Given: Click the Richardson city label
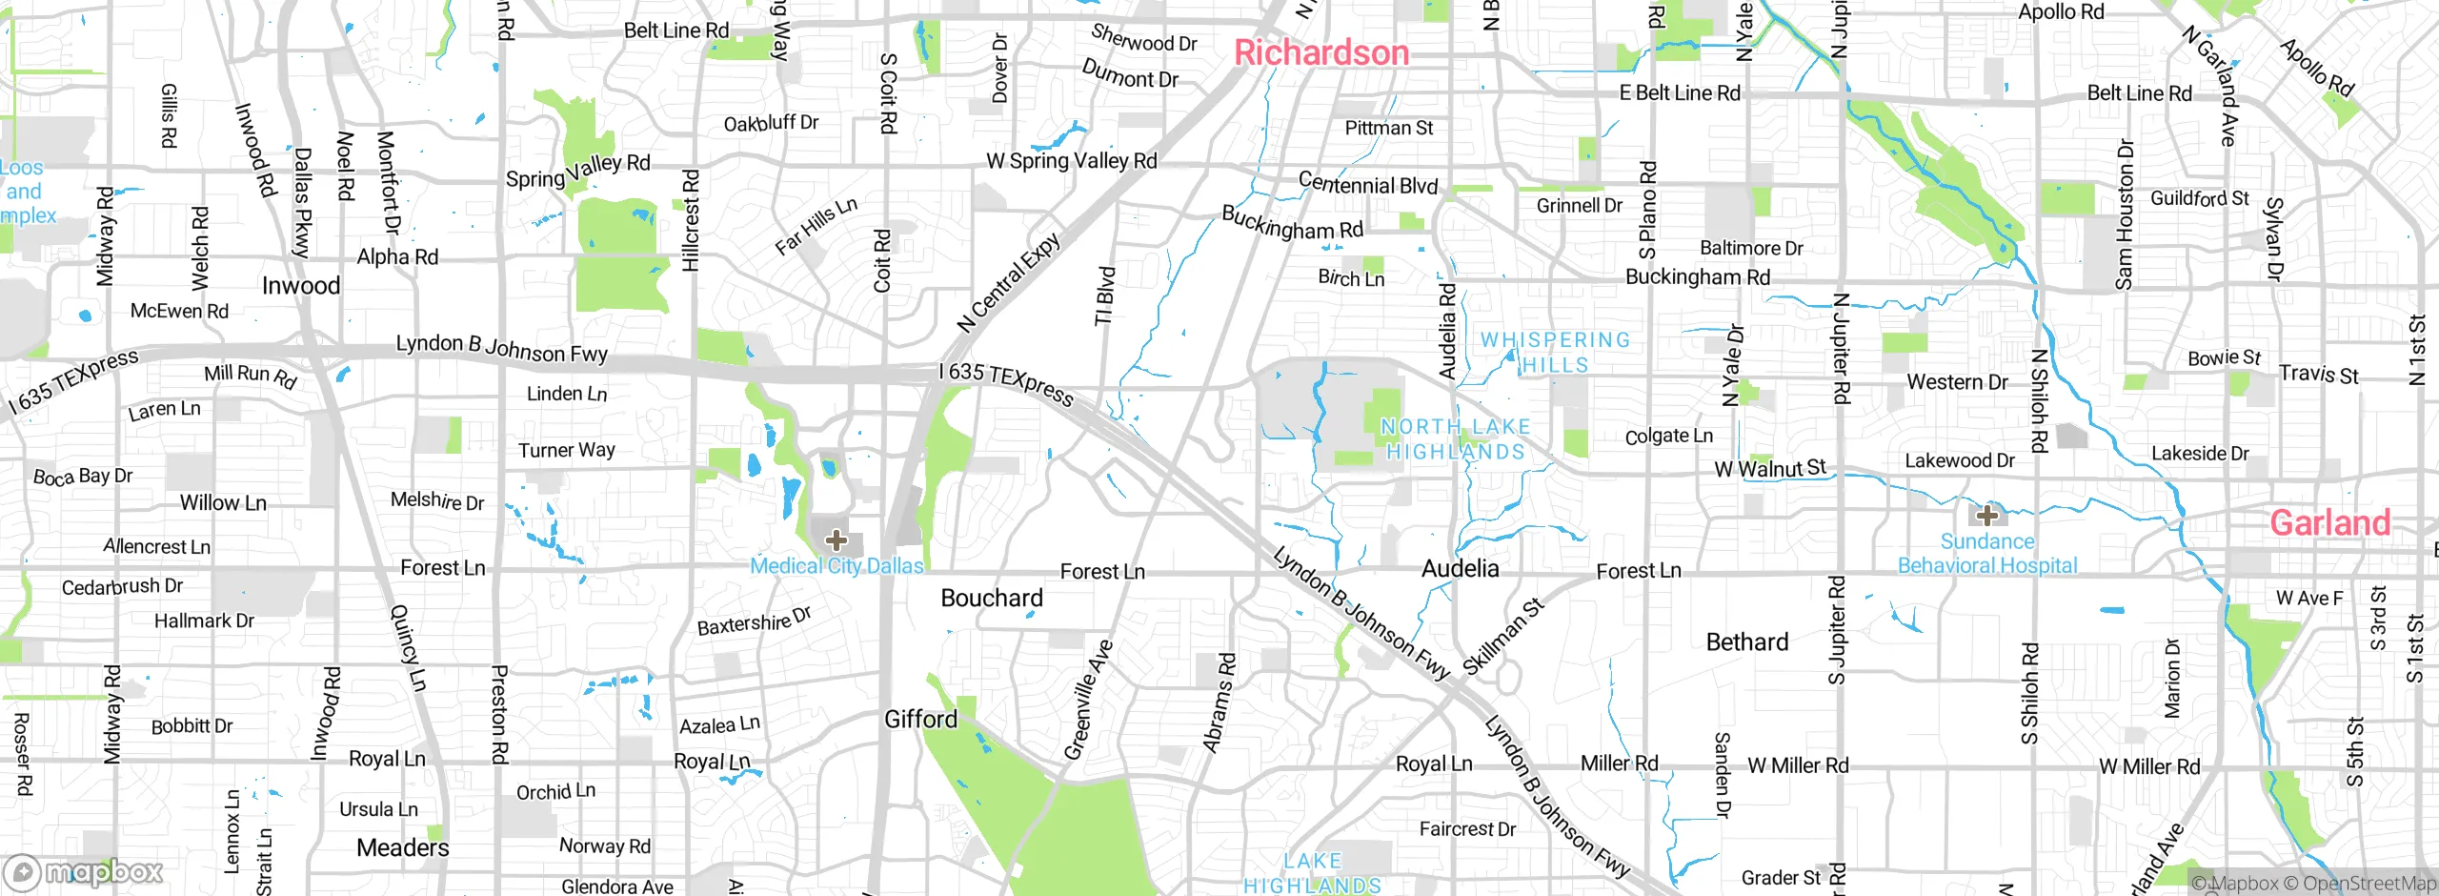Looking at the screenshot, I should coord(1321,52).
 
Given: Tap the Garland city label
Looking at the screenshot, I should coord(2329,522).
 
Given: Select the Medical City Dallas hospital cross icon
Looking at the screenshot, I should coord(836,540).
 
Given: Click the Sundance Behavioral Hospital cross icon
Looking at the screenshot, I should coord(1986,516).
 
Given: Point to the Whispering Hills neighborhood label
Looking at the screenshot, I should coord(1555,352).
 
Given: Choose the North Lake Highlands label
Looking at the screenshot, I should coord(1455,438).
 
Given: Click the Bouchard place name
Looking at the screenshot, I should coord(991,598).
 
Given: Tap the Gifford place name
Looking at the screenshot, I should coord(920,719).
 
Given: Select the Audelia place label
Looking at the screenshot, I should coord(1460,569).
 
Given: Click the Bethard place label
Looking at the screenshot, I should coord(1746,641).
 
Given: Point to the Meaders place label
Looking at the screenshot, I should coord(402,847).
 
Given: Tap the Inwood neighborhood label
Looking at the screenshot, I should coord(300,286).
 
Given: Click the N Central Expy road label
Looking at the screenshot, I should coord(1008,283).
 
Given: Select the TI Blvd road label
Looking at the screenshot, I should coord(1105,295).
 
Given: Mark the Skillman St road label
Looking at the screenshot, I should coord(1502,636).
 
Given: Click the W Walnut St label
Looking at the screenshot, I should coord(1769,468).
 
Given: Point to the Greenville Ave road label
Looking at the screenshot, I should coord(1087,701).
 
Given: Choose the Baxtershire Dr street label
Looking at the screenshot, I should coord(754,621).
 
